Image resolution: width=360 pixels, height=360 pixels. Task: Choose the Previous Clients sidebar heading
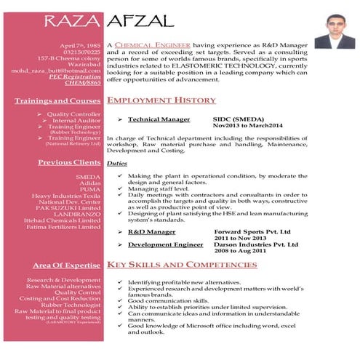coord(71,162)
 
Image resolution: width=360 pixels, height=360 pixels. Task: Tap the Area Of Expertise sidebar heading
coord(67,265)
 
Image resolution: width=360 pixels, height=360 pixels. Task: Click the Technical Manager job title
coord(159,119)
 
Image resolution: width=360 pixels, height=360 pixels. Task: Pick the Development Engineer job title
coord(165,244)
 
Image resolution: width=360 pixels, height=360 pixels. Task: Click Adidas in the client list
coord(87,183)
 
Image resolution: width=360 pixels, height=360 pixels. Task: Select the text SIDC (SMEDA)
coord(238,119)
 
